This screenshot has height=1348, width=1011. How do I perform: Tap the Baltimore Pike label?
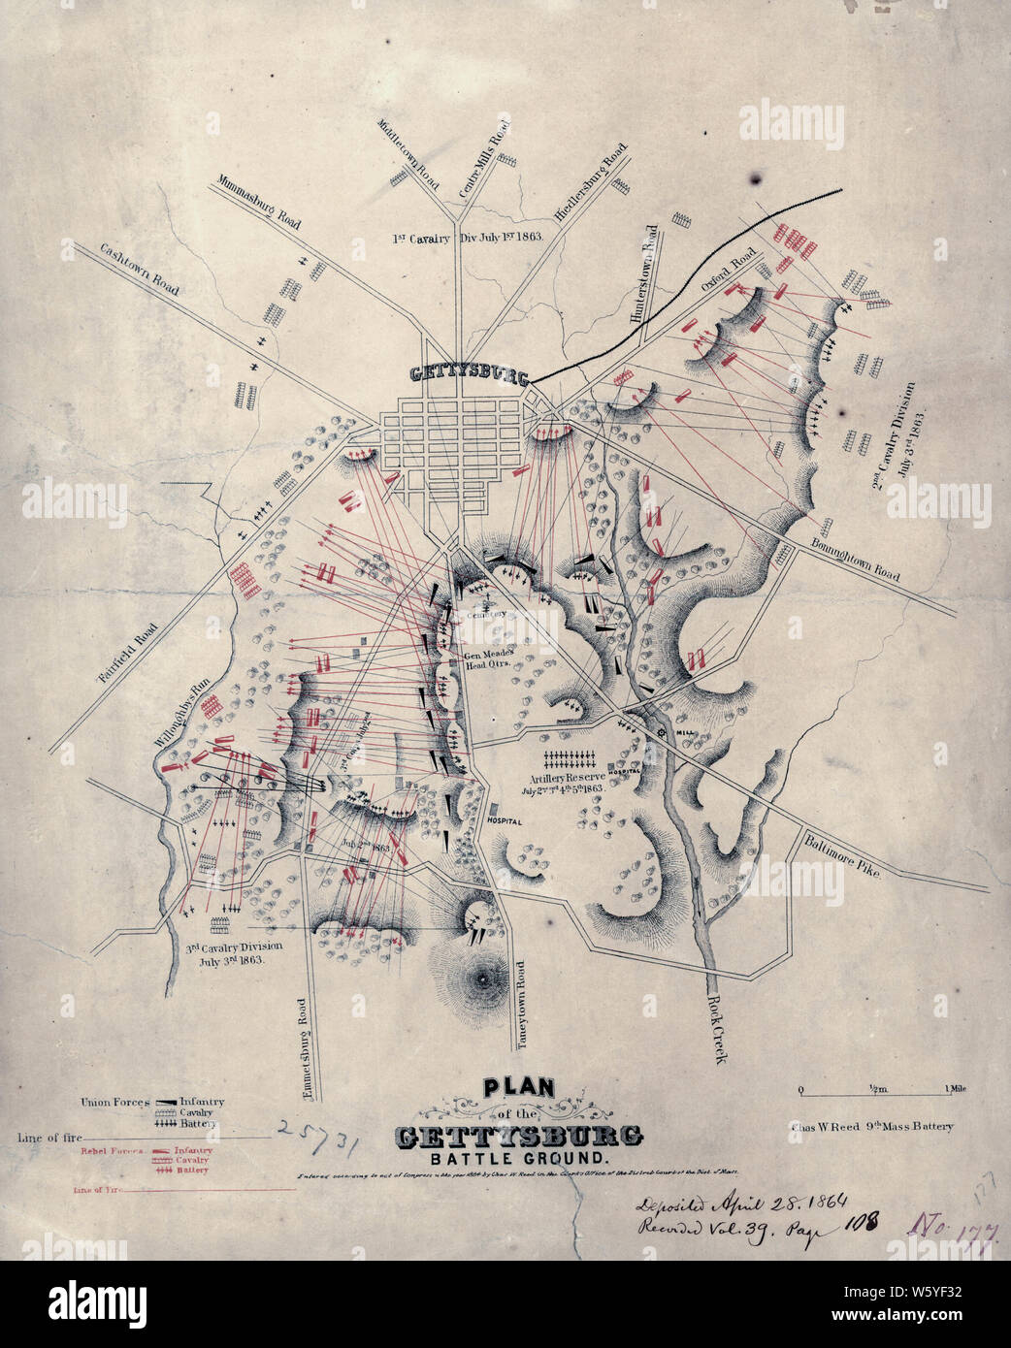pos(840,855)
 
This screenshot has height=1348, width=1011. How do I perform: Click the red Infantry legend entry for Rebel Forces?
pos(192,1150)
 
